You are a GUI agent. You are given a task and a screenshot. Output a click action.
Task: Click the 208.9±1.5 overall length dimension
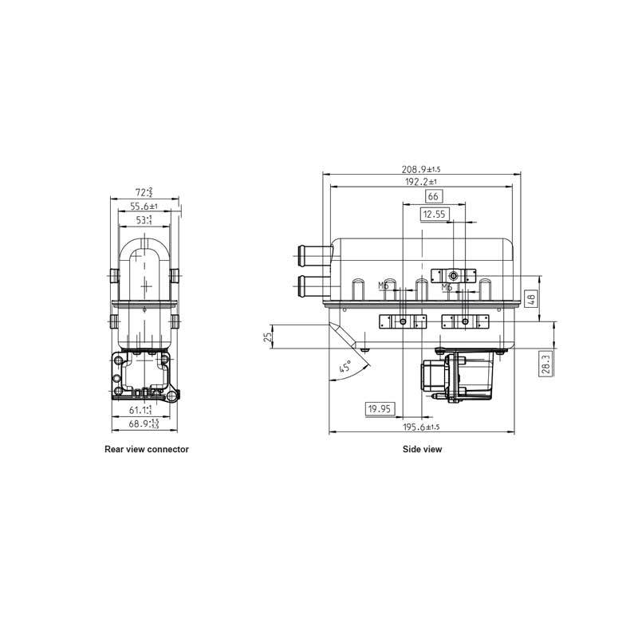tap(421, 169)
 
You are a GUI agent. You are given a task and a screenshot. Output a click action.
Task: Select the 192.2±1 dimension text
tap(421, 182)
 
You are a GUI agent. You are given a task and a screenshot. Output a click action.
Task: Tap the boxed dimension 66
tap(433, 196)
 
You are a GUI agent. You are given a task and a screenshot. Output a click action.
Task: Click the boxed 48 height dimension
tap(532, 299)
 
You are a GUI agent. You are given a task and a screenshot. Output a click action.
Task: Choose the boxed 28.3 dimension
tap(545, 364)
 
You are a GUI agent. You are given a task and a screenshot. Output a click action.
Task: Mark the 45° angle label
tap(345, 368)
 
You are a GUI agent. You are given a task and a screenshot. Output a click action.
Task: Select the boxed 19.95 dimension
tap(380, 409)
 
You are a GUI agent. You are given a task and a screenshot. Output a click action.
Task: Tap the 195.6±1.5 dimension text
tap(421, 427)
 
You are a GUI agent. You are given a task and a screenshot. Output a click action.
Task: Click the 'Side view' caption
tap(422, 450)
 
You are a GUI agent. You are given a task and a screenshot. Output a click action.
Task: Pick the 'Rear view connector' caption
tap(147, 450)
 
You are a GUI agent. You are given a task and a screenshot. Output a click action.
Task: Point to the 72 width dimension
tap(144, 192)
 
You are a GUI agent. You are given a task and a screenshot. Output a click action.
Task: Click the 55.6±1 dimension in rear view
tap(144, 206)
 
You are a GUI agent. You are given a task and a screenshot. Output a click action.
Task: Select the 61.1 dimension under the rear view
tap(141, 410)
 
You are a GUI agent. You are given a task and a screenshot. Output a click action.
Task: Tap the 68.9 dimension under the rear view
tap(144, 423)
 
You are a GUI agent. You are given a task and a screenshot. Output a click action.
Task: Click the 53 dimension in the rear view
tap(144, 219)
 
